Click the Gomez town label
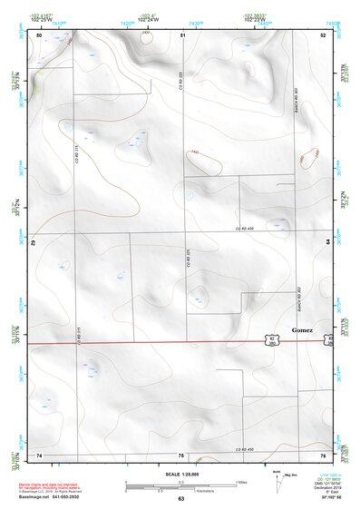(x=302, y=330)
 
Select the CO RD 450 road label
(x=248, y=449)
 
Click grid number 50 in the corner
(x=39, y=34)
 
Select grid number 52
(x=322, y=34)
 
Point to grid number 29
(x=33, y=243)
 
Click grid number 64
(x=326, y=241)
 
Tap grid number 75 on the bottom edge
(x=181, y=455)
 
